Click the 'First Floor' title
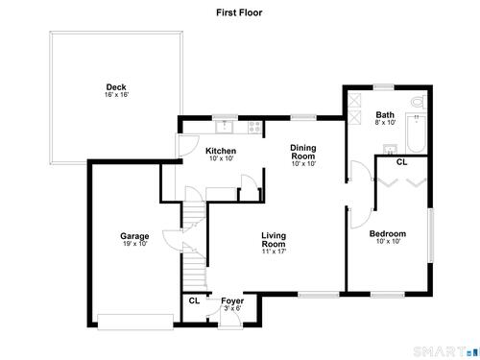[239, 12]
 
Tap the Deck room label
[116, 87]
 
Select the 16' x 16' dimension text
[116, 95]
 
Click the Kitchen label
[221, 151]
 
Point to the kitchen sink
[225, 127]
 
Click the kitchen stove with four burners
[255, 127]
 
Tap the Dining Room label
[303, 152]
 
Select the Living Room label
[274, 240]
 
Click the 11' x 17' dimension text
[274, 252]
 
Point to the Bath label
[385, 114]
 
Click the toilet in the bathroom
[419, 102]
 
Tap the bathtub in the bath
[417, 133]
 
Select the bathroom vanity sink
[391, 149]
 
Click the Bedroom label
[388, 233]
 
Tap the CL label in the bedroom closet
[401, 162]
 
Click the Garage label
[134, 236]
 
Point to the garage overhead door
[135, 322]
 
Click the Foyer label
[232, 301]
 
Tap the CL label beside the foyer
[194, 300]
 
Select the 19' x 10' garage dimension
[135, 244]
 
